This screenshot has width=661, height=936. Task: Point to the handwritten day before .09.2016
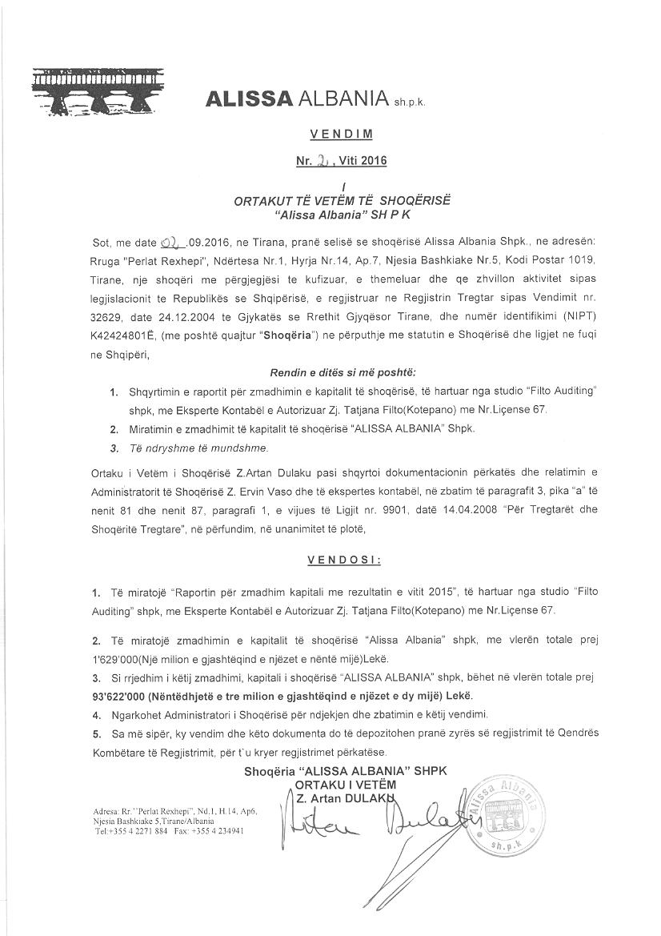click(x=172, y=242)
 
